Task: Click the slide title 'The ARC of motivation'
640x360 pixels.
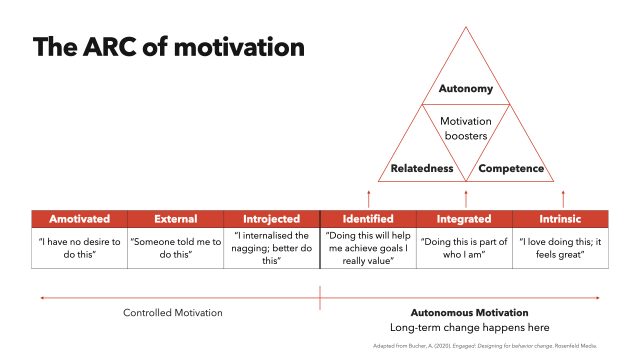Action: click(x=169, y=47)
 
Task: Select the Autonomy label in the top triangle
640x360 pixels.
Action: click(x=466, y=89)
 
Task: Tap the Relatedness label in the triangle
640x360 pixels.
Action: click(x=414, y=168)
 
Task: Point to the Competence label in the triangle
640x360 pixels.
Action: click(x=511, y=168)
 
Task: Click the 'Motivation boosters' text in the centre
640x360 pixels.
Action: click(x=466, y=129)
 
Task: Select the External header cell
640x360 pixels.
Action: click(x=175, y=218)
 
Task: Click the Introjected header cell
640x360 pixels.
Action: click(x=272, y=218)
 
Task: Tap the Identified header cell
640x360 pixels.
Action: click(x=368, y=218)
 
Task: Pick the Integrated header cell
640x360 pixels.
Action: click(x=465, y=218)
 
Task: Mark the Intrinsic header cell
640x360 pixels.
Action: click(x=561, y=218)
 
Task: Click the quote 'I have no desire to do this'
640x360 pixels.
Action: click(x=79, y=248)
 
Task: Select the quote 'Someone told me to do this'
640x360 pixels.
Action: click(x=175, y=248)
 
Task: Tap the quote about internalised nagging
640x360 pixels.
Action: click(x=272, y=248)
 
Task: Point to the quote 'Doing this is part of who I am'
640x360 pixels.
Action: click(x=465, y=248)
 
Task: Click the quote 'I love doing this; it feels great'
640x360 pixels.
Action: click(x=561, y=248)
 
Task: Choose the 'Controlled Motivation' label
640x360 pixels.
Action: click(x=173, y=313)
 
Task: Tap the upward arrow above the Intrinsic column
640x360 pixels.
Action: click(x=562, y=197)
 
